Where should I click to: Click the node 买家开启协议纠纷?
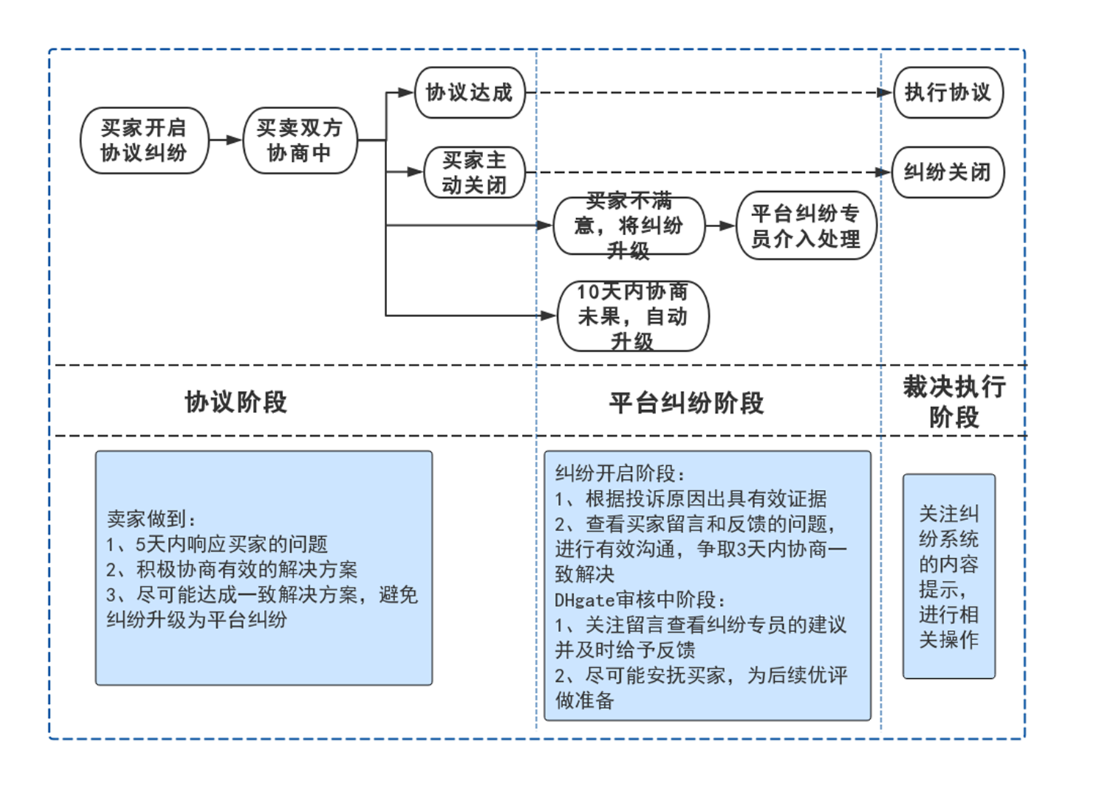coord(144,141)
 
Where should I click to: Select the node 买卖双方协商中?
coord(299,141)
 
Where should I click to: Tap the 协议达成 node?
coord(470,93)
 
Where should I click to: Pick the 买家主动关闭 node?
coord(474,173)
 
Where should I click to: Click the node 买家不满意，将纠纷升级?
coord(628,226)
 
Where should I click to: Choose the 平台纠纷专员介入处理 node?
coord(806,226)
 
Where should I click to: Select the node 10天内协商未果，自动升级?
coord(633,316)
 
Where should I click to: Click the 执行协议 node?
coord(948,93)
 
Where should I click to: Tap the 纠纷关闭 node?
coord(947,173)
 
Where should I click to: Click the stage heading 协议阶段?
coord(236,402)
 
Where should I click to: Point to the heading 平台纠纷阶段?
coord(686,403)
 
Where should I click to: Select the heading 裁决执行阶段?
coord(954,401)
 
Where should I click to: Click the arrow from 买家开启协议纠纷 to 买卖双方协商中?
coord(226,140)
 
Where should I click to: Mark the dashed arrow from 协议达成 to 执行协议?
coord(704,93)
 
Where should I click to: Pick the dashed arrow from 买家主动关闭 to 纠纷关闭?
coord(704,173)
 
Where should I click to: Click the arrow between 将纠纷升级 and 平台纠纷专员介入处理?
coord(721,226)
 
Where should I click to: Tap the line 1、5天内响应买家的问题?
coord(217,544)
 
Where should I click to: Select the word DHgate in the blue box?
coord(584,600)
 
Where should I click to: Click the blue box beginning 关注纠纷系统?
coord(949,576)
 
